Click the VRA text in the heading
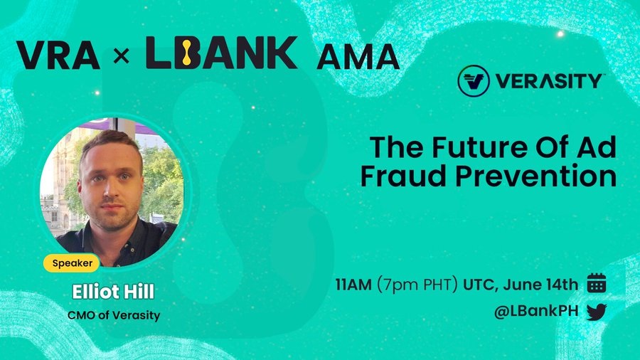click(58, 55)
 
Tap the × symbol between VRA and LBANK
click(121, 56)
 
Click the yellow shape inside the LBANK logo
click(186, 52)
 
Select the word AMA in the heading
click(358, 57)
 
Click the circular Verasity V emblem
click(474, 81)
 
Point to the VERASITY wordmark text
click(549, 81)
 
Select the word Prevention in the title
click(536, 176)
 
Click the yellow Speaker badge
click(71, 263)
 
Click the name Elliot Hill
click(113, 292)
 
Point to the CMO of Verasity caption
click(114, 315)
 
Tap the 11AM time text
click(353, 285)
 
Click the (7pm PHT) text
click(417, 285)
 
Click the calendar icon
click(597, 283)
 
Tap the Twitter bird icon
click(597, 312)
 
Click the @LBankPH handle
click(536, 312)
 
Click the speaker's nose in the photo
click(110, 189)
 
